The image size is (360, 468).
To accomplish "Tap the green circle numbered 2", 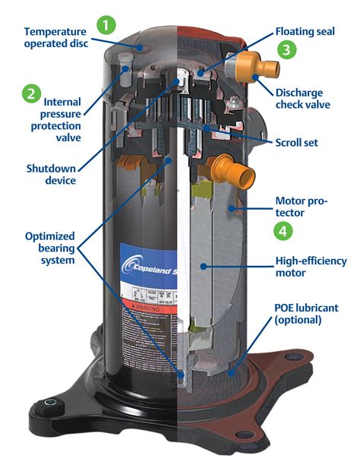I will [31, 93].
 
